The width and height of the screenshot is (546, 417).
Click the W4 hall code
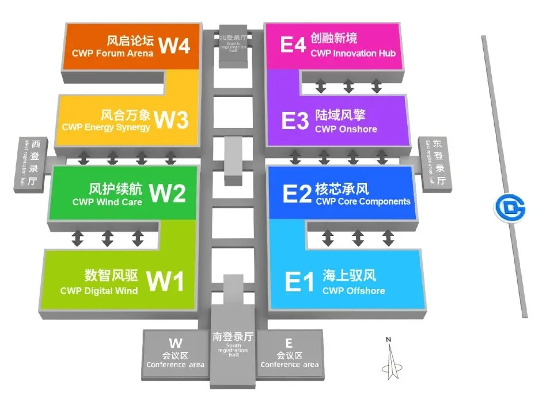[x=175, y=45]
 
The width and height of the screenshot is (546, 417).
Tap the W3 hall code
[x=171, y=120]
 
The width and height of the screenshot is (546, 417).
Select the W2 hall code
[x=168, y=194]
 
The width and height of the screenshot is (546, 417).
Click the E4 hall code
[x=293, y=44]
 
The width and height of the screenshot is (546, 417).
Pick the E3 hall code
[x=295, y=121]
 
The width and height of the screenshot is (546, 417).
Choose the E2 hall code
[x=297, y=194]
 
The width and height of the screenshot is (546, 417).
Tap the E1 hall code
[x=299, y=282]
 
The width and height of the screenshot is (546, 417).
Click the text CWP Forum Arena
[x=113, y=53]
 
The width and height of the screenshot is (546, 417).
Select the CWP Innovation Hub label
[x=353, y=53]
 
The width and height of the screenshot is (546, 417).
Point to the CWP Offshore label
[x=354, y=291]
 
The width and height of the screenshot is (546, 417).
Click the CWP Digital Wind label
[x=99, y=291]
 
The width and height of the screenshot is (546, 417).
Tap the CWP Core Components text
[x=363, y=202]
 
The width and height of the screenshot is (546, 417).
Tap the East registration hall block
[x=435, y=163]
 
